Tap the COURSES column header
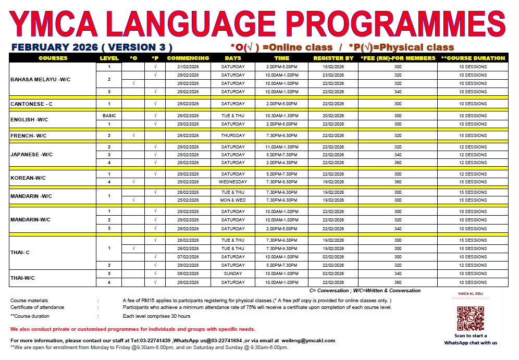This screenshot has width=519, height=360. point(53,58)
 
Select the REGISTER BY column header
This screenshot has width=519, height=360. point(333,58)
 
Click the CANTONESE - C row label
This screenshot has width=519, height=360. point(32,104)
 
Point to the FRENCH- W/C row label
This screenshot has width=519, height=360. point(29,135)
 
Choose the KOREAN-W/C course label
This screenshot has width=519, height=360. point(28,178)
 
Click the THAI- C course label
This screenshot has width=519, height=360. point(20,253)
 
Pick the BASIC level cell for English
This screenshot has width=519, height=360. point(109,116)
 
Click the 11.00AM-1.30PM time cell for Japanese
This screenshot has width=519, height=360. point(281,147)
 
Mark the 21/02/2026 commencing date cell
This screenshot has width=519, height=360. point(188,67)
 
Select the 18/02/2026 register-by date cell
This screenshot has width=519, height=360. point(333,182)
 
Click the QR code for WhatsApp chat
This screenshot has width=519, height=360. point(471,318)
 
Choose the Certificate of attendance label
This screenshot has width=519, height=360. point(37,307)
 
